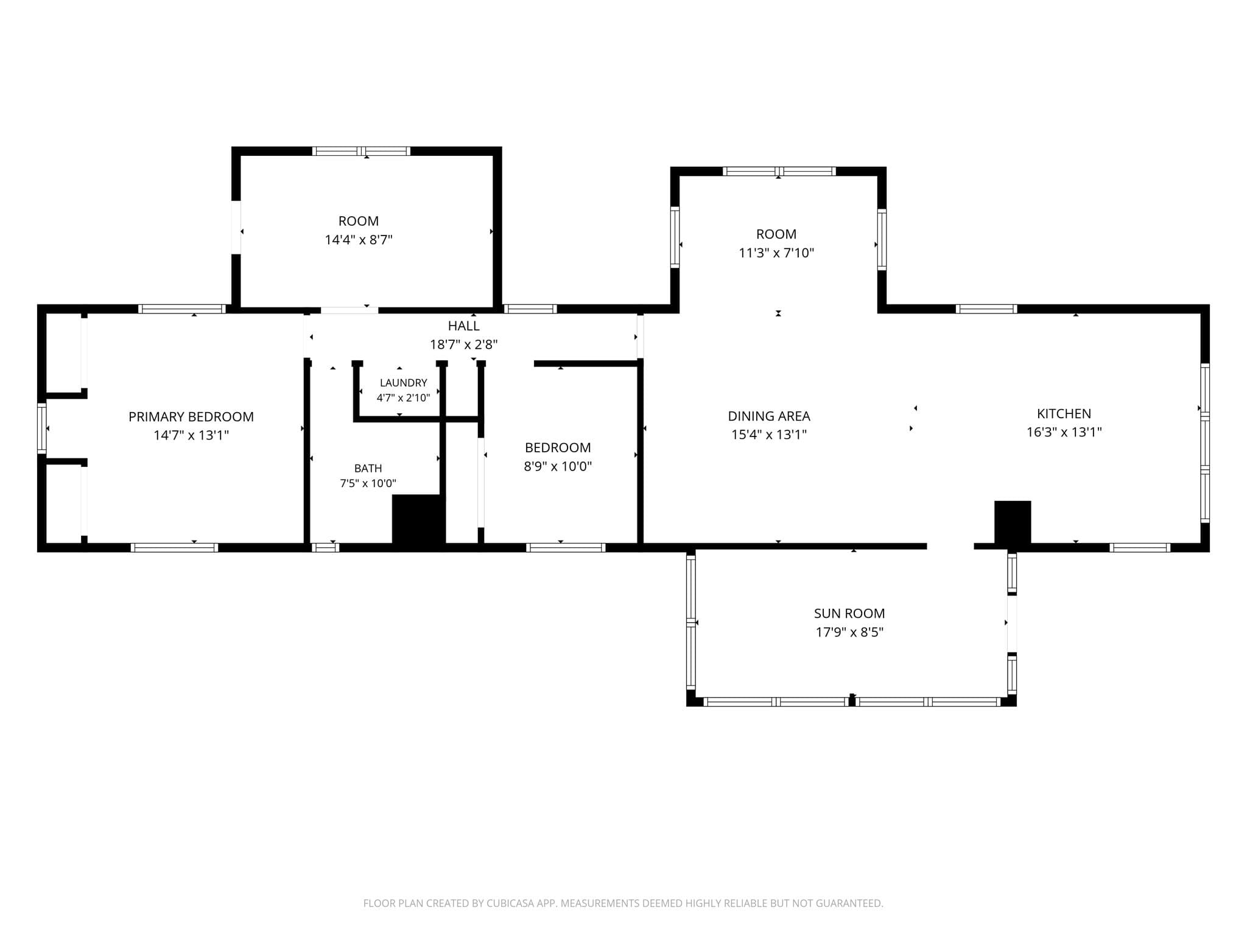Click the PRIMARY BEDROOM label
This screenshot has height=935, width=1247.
click(x=191, y=417)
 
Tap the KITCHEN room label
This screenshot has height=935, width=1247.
click(x=1064, y=414)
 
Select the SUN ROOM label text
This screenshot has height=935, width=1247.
click(x=849, y=614)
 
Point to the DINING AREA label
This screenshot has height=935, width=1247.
click(x=769, y=416)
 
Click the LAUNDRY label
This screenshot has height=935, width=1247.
click(x=403, y=383)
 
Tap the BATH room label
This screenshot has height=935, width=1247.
click(x=368, y=468)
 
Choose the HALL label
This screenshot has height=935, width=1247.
click(x=464, y=326)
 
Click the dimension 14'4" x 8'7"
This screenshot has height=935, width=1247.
click(x=359, y=240)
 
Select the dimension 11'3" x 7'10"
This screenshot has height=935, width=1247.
click(x=776, y=253)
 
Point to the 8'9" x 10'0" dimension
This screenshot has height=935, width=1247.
click(x=558, y=467)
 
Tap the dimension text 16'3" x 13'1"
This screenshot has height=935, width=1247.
click(x=1064, y=432)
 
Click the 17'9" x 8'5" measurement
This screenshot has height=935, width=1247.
click(x=849, y=632)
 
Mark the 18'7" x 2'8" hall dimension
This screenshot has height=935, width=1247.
click(x=464, y=345)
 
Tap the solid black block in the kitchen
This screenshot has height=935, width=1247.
click(x=1013, y=522)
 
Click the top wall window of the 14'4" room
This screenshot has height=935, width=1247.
click(x=361, y=151)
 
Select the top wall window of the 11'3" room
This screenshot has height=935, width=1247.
click(x=778, y=171)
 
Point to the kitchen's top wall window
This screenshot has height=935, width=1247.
click(x=986, y=309)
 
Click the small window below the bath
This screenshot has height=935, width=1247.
click(x=325, y=547)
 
